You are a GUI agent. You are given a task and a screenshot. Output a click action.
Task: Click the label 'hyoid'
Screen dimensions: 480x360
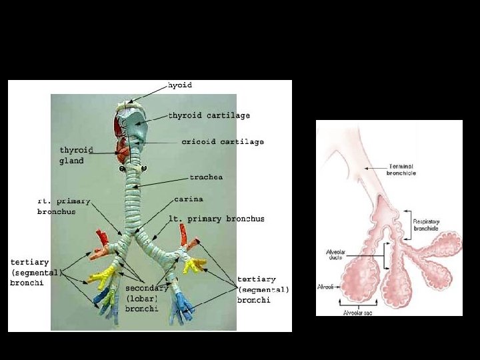coord(180,85)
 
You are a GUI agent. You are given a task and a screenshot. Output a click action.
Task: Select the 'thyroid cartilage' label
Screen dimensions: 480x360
coord(209,115)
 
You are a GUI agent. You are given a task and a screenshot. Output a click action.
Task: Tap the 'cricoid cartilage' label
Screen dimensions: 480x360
coord(223,141)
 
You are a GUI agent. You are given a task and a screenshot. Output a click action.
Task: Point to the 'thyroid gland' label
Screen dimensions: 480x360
coord(76,155)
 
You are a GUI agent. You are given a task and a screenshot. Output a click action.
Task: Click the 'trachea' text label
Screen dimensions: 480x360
coord(206,177)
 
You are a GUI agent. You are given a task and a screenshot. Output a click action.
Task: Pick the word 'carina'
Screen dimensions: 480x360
coord(189,199)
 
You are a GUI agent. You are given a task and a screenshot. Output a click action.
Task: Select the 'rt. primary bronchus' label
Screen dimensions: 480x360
coord(63,205)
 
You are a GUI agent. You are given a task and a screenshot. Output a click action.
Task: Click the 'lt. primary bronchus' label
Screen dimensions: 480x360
coord(216,219)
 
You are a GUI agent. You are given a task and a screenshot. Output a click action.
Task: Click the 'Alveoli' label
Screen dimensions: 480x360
coord(327,287)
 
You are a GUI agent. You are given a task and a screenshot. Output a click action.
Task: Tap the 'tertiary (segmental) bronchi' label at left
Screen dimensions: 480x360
coord(34,272)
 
